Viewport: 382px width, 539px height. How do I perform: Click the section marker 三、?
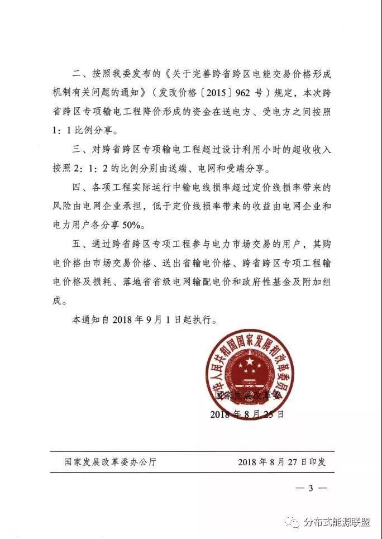[x=79, y=149]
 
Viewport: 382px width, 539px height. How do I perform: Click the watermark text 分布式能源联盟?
[x=337, y=521]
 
